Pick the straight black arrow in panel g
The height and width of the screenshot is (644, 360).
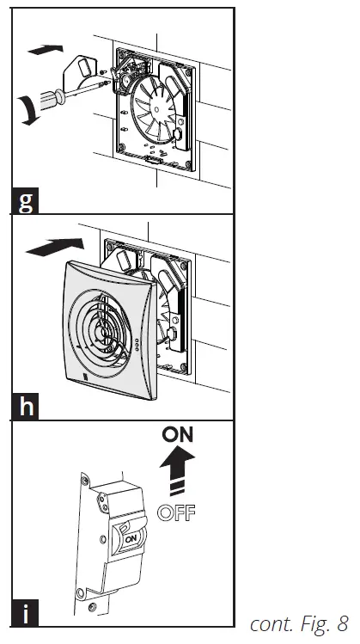(46, 50)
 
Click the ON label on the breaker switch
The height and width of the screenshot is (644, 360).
(131, 539)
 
